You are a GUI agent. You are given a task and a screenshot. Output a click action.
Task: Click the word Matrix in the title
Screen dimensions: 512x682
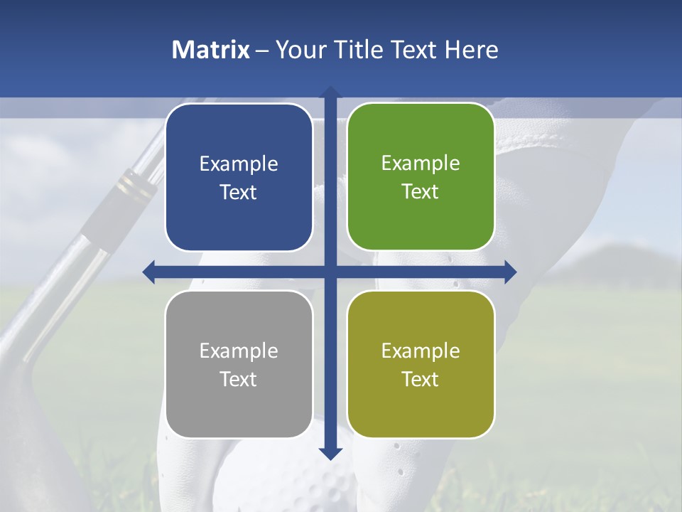click(211, 50)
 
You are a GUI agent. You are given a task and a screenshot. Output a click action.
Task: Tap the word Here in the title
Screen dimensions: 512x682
click(471, 50)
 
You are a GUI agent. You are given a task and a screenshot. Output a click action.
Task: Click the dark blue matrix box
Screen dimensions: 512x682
click(239, 177)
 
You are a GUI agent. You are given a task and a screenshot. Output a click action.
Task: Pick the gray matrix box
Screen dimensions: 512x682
click(239, 364)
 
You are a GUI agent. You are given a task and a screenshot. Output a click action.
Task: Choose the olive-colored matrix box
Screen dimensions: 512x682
click(421, 364)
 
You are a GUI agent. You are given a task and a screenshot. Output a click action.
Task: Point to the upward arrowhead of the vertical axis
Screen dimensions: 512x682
click(330, 92)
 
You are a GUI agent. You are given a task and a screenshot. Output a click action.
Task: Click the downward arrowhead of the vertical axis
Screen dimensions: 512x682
click(330, 453)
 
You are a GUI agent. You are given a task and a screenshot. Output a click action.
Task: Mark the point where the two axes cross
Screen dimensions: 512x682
click(330, 272)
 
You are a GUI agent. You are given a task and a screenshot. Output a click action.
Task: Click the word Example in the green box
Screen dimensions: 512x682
click(421, 163)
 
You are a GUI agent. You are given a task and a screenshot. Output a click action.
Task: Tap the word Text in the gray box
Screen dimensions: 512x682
click(238, 379)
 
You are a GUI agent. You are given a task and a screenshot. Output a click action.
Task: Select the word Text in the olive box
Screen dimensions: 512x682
click(420, 379)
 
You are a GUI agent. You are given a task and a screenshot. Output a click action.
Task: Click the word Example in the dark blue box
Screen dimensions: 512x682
click(239, 164)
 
